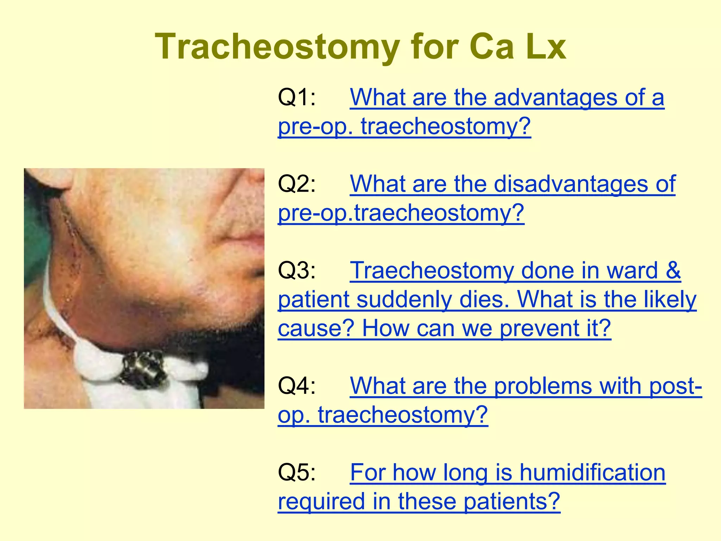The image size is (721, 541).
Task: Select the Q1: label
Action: [x=297, y=97]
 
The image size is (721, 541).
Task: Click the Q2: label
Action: [x=297, y=184]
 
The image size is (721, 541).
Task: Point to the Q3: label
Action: [x=297, y=270]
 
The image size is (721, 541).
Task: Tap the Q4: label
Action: [x=297, y=386]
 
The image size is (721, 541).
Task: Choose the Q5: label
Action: [x=297, y=472]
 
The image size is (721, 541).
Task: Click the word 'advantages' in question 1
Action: [x=555, y=97]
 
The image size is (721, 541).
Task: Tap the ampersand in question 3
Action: [x=673, y=270]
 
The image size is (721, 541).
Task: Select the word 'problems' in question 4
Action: [x=543, y=386]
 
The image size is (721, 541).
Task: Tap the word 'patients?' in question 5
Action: [x=511, y=501]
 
